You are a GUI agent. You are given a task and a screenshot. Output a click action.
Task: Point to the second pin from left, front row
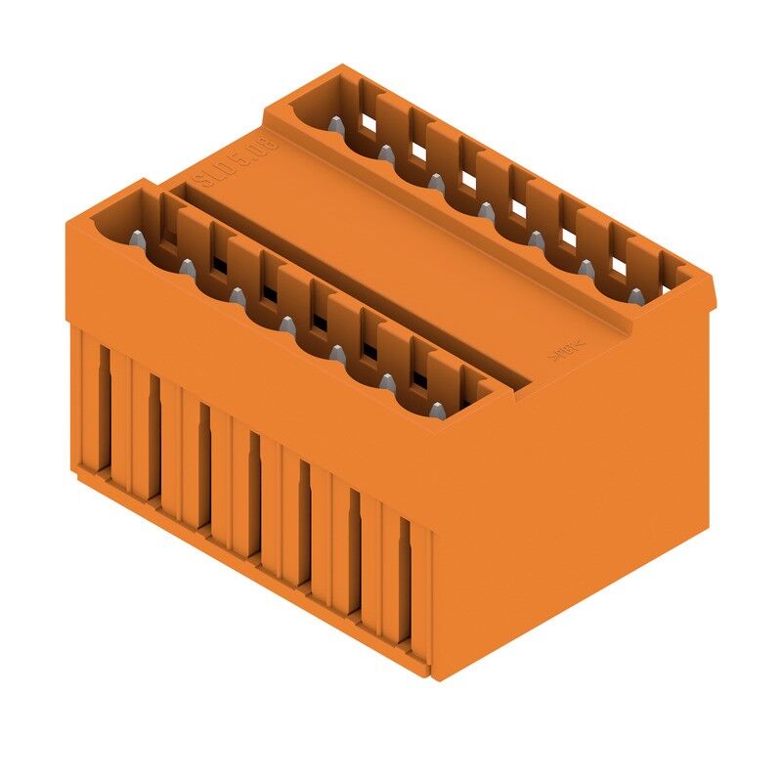point(186,266)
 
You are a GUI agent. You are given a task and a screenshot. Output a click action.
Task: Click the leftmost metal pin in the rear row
point(334,124)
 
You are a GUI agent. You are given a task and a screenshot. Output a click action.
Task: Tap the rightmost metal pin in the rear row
point(635,295)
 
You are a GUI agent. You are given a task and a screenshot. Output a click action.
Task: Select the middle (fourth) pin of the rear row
point(486,210)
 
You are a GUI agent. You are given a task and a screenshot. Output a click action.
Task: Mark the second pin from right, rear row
point(586,267)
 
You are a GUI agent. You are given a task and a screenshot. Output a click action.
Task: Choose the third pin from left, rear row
point(434,182)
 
